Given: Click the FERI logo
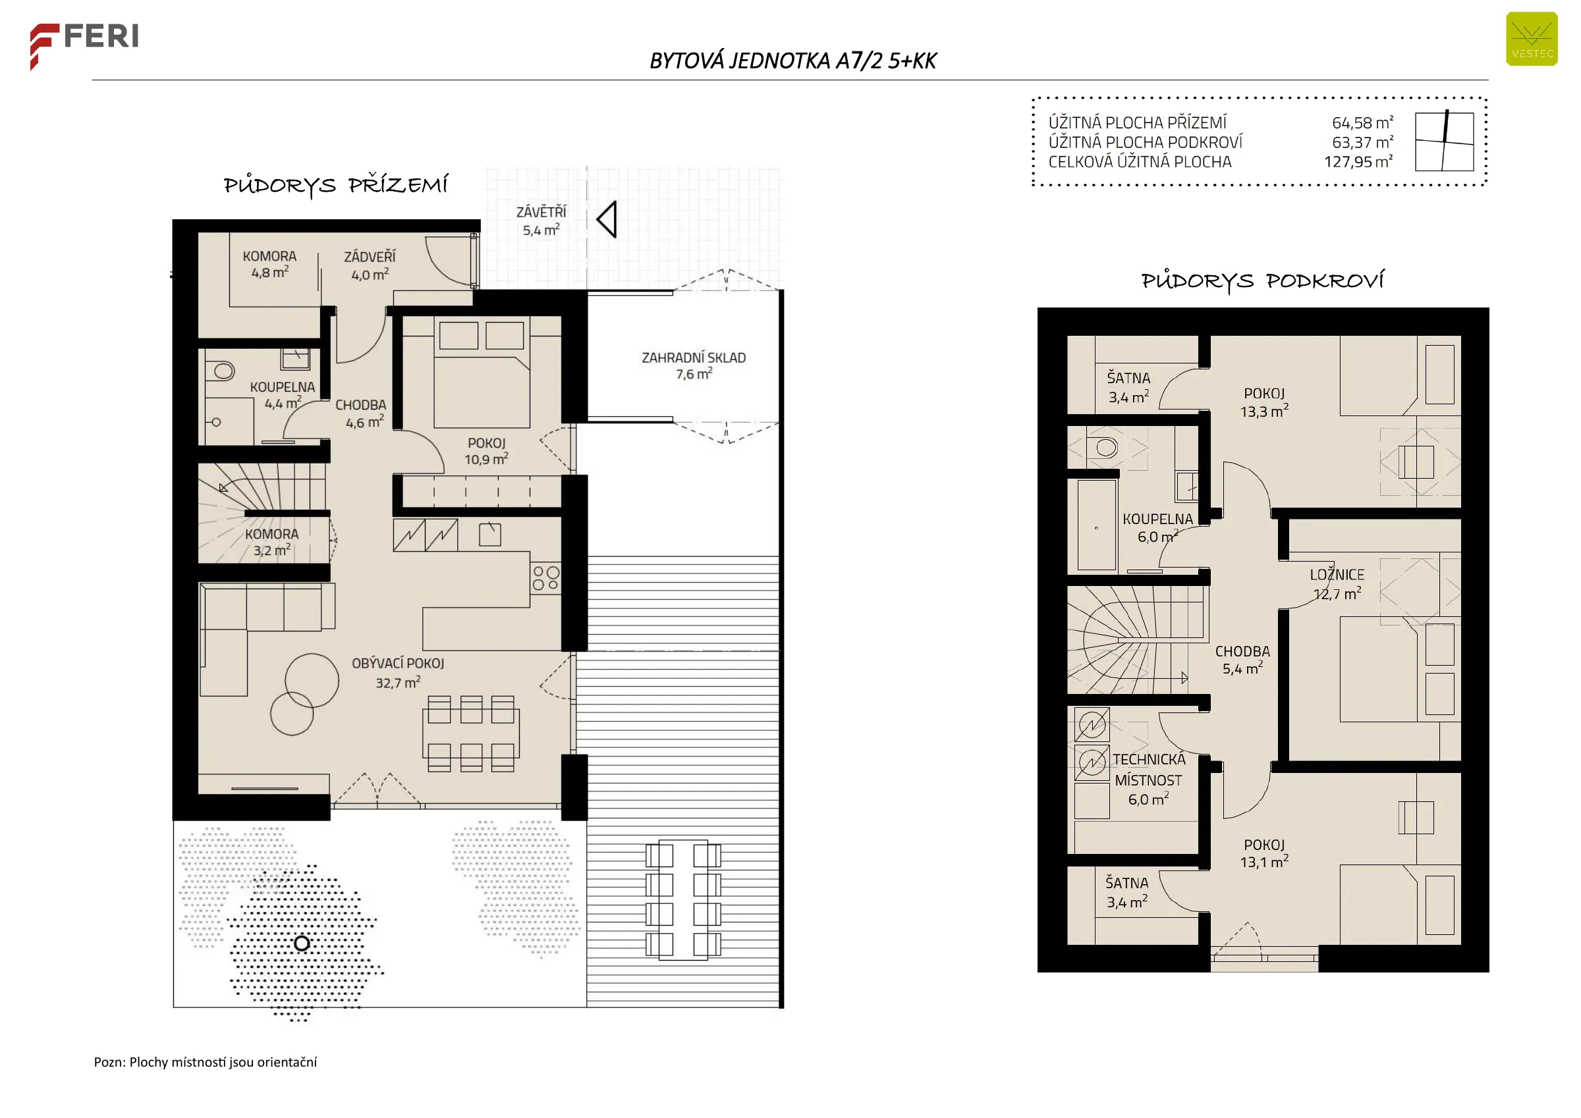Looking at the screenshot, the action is pos(84,45).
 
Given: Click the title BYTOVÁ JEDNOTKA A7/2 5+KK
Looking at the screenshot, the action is pos(792,61).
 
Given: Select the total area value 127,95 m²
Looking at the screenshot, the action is pos(1358,162).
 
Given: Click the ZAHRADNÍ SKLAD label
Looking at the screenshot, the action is pos(694,358).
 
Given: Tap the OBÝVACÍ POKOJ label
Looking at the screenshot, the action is pos(398,664).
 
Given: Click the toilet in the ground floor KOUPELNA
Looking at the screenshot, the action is pos(223,371).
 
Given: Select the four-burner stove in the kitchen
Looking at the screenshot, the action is pos(545,578).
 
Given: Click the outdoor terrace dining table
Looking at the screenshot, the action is pos(683,900).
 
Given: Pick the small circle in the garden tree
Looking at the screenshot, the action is pos(302,943).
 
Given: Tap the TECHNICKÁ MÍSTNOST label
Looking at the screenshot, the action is pos(1149,770).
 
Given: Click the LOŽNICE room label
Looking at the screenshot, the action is pos(1337,575).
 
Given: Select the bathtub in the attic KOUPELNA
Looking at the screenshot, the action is pos(1096,525).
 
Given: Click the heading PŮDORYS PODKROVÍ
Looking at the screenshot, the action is pos(1262,281).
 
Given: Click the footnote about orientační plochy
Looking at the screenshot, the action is pos(205,1062).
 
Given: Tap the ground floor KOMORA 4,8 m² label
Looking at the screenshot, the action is pos(269,264).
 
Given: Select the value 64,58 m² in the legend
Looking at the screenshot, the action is pos(1363,122).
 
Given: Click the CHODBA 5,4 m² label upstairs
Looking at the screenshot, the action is pos(1242,660).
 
